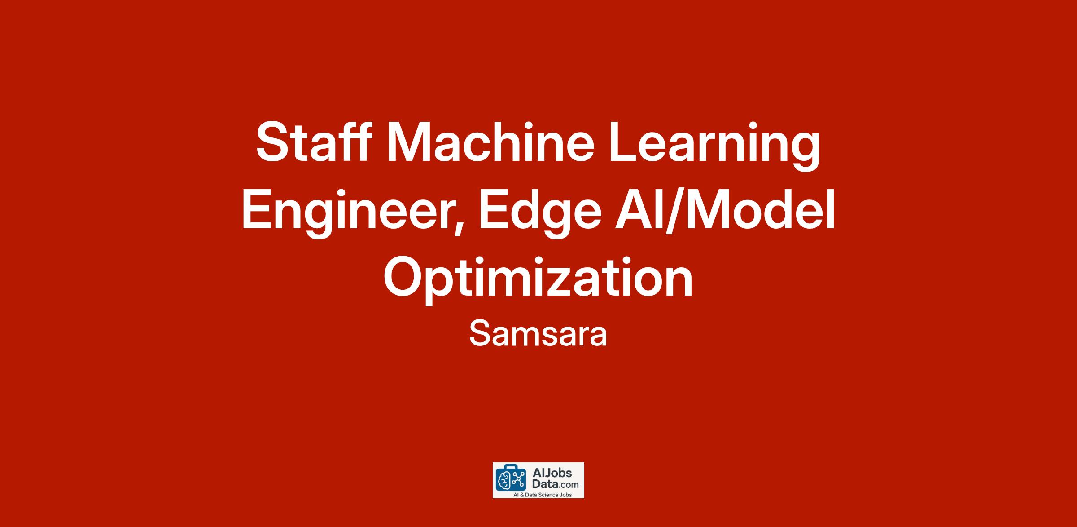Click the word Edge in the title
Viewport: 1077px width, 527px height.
(x=540, y=213)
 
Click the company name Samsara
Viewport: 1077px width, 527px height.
(x=538, y=334)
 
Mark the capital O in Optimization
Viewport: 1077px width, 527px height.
(x=403, y=276)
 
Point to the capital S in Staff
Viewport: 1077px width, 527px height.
(x=274, y=142)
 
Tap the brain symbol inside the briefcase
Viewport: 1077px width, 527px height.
(x=504, y=481)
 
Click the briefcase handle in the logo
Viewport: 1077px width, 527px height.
(x=511, y=468)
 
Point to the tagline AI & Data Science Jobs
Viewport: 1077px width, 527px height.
(x=538, y=495)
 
